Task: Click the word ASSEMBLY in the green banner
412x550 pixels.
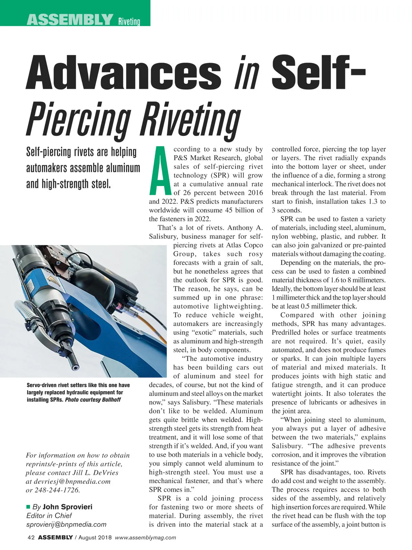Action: [x=70, y=20]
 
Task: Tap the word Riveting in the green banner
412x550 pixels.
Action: [x=129, y=22]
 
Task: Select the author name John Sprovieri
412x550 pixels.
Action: [x=67, y=507]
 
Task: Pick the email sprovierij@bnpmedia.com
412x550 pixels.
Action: [x=66, y=524]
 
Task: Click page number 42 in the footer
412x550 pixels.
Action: [x=31, y=538]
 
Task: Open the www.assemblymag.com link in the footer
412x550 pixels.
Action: [x=145, y=538]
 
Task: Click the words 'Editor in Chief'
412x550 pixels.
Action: [x=49, y=515]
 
